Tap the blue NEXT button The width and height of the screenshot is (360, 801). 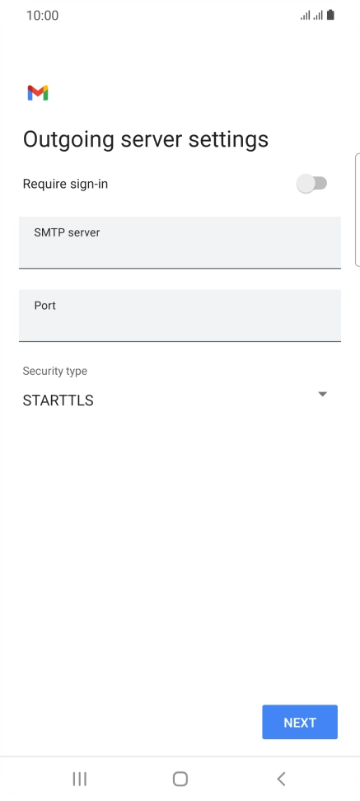[300, 722]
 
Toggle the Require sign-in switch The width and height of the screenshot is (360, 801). [311, 184]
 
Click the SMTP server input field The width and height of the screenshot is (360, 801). [180, 242]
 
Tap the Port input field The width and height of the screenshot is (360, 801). [180, 315]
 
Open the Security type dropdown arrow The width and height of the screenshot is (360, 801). [322, 394]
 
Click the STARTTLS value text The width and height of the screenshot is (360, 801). [58, 400]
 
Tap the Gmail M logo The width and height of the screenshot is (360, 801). [38, 92]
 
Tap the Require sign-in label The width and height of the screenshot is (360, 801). [65, 184]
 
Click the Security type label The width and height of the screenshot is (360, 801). [54, 371]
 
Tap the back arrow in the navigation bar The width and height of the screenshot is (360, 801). [280, 779]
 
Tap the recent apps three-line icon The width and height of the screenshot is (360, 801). [80, 779]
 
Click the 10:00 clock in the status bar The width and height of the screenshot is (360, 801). [42, 16]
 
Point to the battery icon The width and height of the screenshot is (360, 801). [330, 15]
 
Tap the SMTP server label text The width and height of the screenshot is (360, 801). [67, 232]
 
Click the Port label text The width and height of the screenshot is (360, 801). [45, 306]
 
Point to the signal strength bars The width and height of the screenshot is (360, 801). [311, 16]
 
